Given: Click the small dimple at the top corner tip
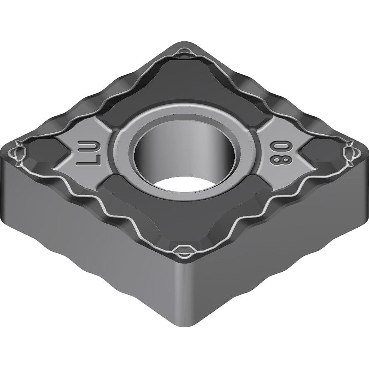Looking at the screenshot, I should pos(184,54).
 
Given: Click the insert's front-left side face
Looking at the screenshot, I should pos(92,240).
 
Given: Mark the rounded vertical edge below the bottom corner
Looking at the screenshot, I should pos(183,295).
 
